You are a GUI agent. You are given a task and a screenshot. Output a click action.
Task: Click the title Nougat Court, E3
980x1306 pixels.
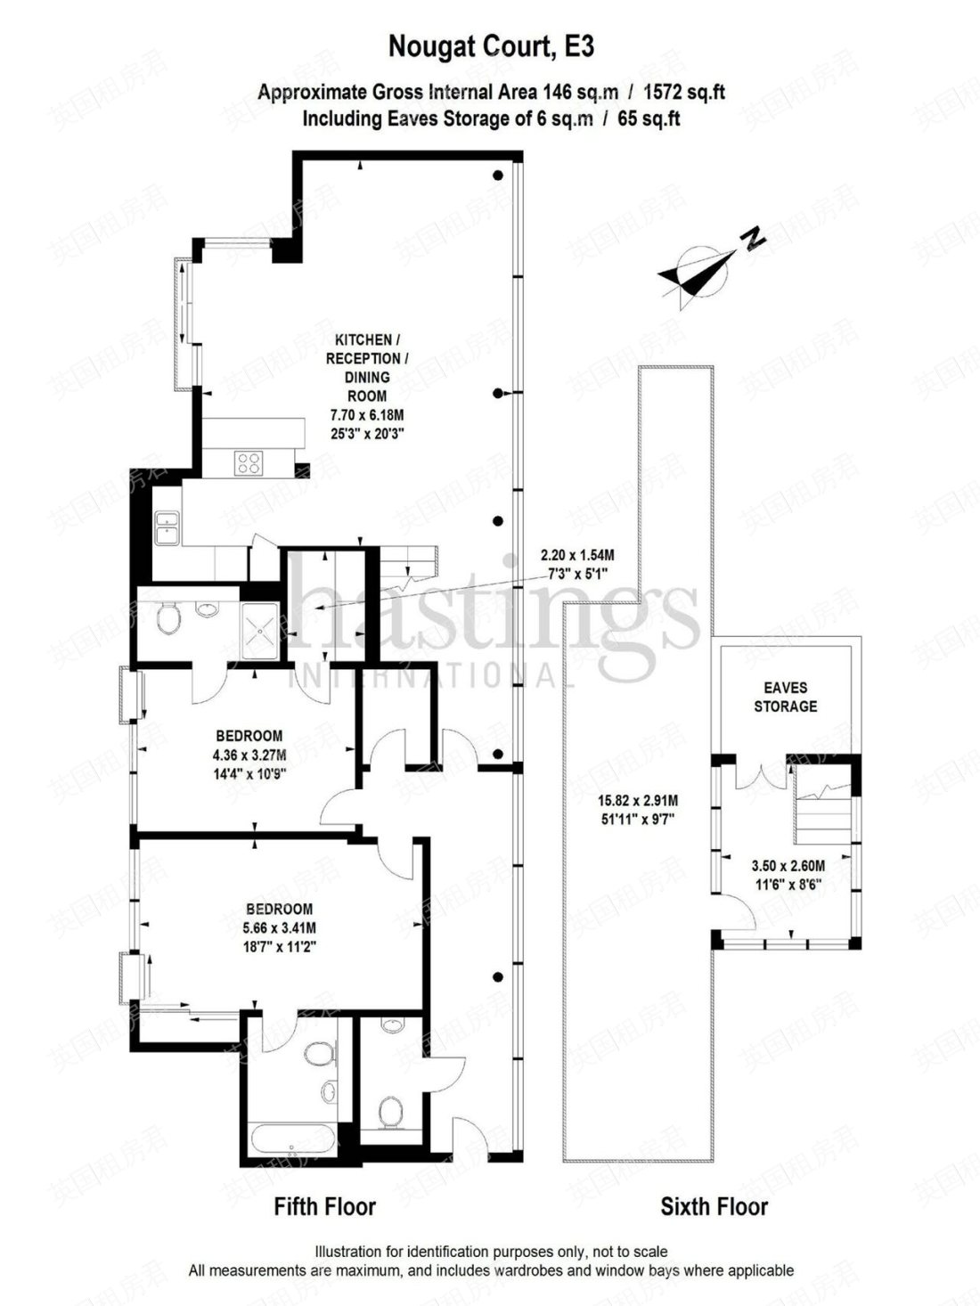click(x=490, y=46)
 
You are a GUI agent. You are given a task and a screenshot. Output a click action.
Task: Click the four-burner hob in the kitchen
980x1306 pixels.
click(x=249, y=462)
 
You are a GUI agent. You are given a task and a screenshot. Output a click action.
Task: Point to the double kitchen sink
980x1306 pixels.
click(x=167, y=526)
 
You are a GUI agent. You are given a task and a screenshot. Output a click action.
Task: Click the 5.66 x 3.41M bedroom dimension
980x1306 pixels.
click(x=279, y=927)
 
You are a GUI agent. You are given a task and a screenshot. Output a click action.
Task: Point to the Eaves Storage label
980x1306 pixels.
click(x=785, y=698)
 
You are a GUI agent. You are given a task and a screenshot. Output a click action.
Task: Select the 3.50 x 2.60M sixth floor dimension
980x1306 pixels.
click(x=788, y=865)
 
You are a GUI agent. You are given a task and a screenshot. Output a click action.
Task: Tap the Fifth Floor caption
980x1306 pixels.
click(x=324, y=1207)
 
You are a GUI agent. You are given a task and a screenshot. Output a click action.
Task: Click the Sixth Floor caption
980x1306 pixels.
click(x=714, y=1207)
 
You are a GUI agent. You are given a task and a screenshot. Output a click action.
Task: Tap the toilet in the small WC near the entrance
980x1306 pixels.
click(x=389, y=1112)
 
